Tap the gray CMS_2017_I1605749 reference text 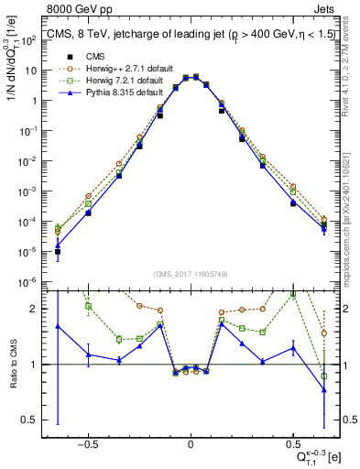point(190,274)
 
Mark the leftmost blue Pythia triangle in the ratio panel point(59,326)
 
